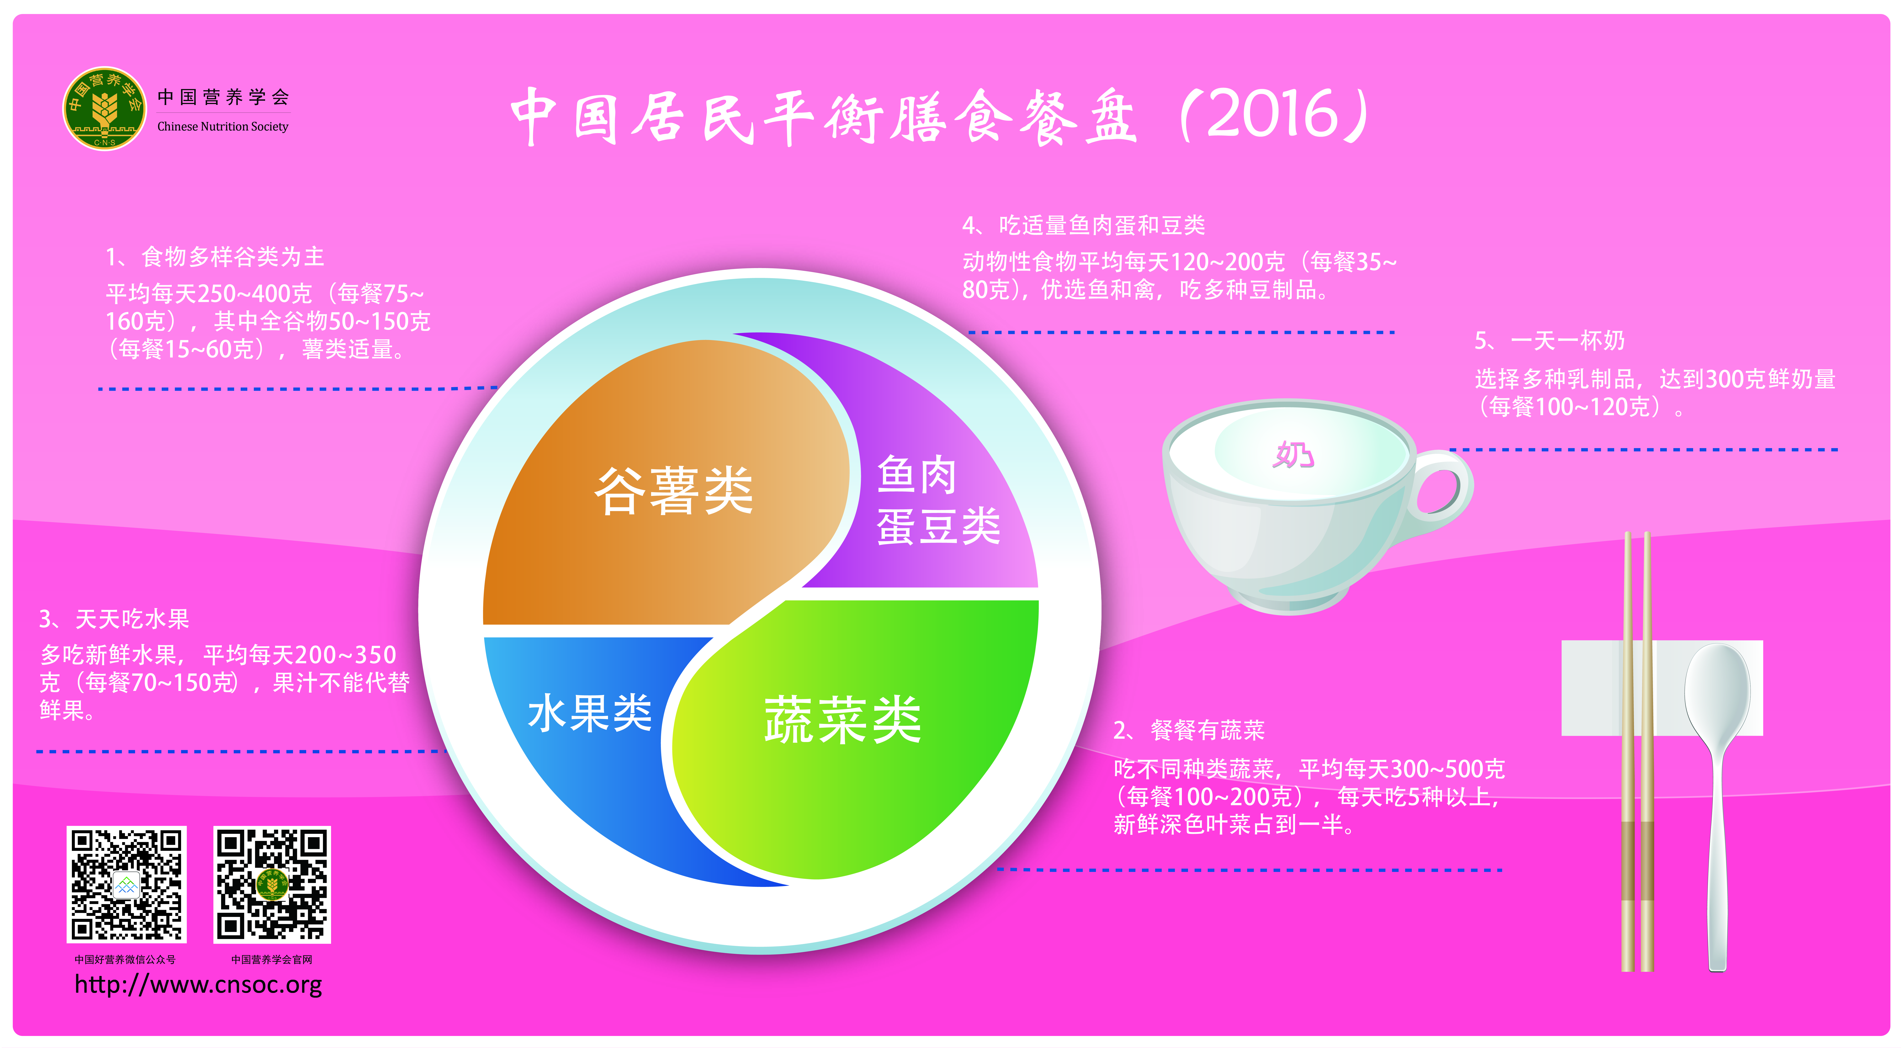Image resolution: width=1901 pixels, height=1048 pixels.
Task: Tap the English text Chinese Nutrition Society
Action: [x=223, y=126]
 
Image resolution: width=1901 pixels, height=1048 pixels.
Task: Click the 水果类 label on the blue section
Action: [x=590, y=713]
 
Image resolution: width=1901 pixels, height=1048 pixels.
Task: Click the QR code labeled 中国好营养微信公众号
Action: [x=126, y=884]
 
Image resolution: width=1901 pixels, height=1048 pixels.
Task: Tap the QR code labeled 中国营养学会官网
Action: [x=272, y=884]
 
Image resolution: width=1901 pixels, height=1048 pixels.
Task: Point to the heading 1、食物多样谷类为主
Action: [x=215, y=257]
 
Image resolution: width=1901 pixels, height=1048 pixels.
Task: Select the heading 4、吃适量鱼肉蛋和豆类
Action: [x=1083, y=225]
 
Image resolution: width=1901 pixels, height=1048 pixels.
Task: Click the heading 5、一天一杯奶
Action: [x=1550, y=341]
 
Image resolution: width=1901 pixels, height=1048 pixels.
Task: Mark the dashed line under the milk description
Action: [x=1643, y=449]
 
